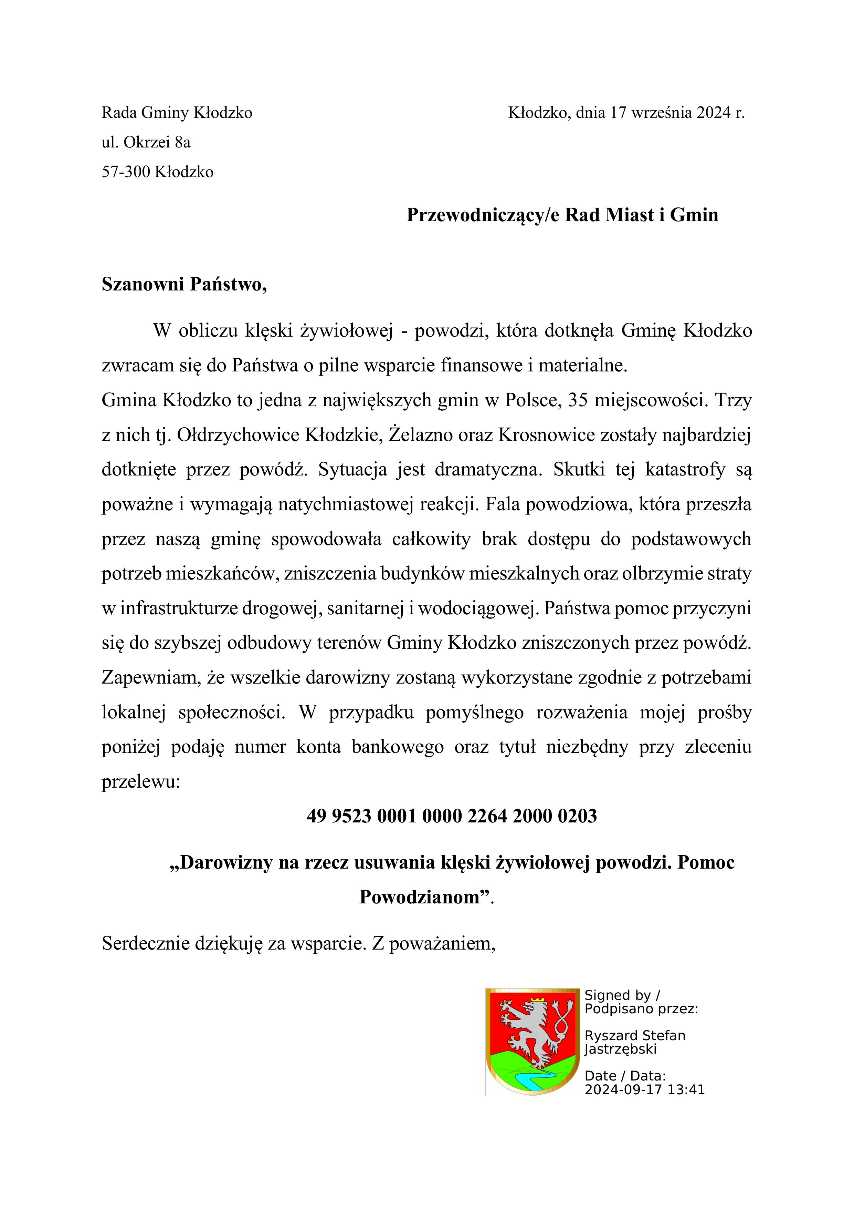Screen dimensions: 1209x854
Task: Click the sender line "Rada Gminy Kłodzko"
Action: (177, 113)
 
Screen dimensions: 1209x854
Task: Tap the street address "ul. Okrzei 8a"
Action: (146, 142)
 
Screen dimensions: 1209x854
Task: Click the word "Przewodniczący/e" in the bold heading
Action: (483, 215)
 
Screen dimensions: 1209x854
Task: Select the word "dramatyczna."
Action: (488, 470)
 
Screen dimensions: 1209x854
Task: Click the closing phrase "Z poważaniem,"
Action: (434, 943)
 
